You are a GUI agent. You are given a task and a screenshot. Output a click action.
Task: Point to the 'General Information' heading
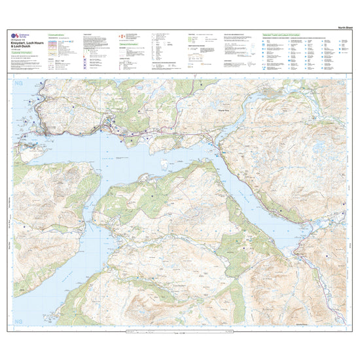tap(130, 62)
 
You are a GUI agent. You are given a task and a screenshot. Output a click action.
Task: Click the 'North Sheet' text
tap(338, 27)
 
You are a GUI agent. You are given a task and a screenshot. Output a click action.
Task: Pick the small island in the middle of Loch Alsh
tap(175, 159)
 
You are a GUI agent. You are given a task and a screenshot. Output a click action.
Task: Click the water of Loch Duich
tap(262, 209)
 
